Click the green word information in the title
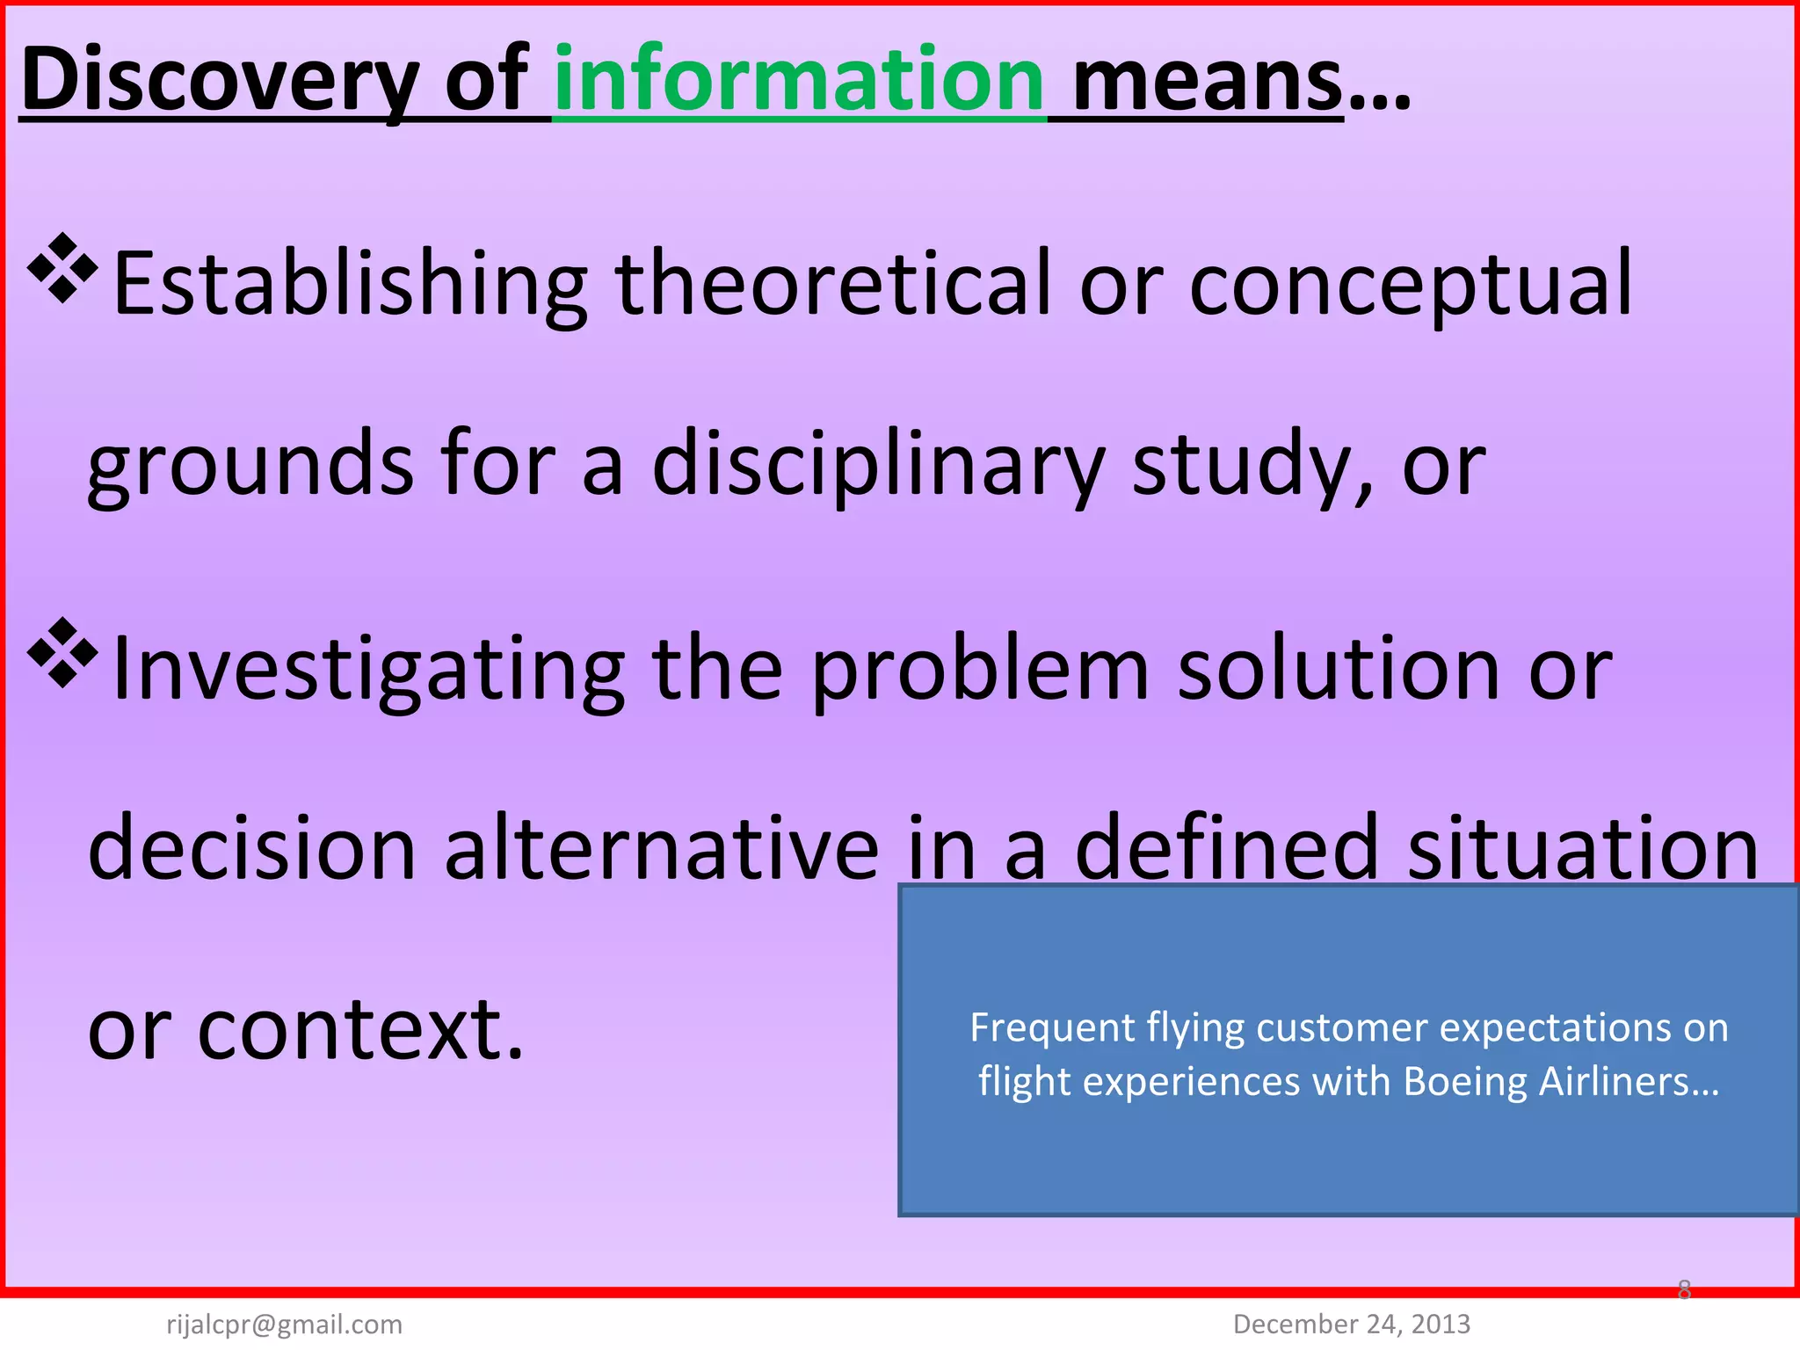click(799, 80)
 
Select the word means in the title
click(1208, 82)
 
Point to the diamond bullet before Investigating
click(62, 652)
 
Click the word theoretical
click(833, 282)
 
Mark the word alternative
click(661, 849)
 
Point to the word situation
click(1583, 849)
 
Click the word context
click(360, 1029)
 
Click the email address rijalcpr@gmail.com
click(284, 1324)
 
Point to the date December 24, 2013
click(1352, 1324)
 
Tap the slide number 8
click(1684, 1289)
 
